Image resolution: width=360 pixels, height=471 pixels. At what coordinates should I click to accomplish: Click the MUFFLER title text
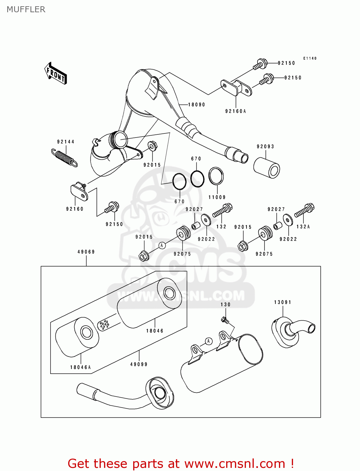pos(26,9)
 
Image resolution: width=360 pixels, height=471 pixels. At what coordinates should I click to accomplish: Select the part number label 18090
pos(196,105)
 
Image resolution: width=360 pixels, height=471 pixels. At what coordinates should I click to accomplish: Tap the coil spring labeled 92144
pos(64,157)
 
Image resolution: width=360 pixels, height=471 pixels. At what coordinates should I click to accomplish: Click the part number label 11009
pos(217,197)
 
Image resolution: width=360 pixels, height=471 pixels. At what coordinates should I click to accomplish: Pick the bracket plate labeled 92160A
pos(237,88)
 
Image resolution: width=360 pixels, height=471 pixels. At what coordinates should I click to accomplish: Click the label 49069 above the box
pos(86,252)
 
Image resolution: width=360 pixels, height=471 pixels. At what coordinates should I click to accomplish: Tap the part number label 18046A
pos(80,367)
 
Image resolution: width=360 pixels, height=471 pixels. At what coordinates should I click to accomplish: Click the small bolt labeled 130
pos(225,320)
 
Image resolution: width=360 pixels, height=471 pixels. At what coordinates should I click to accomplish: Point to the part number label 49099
pos(139,364)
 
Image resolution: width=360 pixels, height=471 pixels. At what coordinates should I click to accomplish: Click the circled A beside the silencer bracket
pos(209,341)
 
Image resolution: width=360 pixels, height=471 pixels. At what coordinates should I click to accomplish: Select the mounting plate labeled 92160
pos(79,192)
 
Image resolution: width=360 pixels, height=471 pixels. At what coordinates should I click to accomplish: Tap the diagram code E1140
pos(310,58)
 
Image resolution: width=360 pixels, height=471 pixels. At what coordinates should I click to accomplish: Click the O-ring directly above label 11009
pos(216,176)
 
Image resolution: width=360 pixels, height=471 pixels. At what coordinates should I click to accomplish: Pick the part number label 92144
pos(66,142)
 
